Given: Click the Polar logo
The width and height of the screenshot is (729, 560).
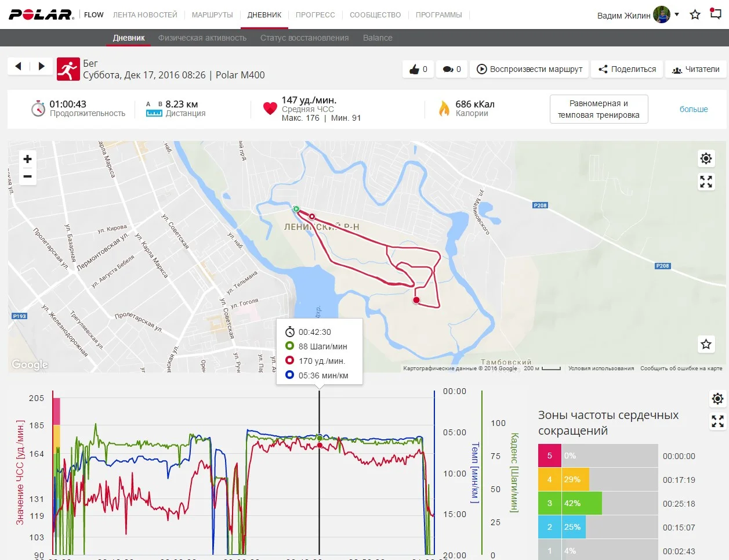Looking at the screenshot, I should click(41, 15).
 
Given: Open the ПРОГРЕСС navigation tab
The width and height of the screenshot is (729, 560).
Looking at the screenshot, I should click(315, 15).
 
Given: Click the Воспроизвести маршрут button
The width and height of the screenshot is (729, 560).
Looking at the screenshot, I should click(529, 69).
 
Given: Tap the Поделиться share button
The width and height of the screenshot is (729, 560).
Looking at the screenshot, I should click(627, 69).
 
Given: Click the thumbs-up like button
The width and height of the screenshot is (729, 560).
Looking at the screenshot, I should click(418, 69).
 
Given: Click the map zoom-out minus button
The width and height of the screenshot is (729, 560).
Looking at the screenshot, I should click(27, 176).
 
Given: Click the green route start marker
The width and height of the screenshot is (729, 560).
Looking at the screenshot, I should click(296, 209).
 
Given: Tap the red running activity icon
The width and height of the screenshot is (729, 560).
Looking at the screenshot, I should click(68, 69).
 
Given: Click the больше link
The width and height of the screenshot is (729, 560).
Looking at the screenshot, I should click(694, 109).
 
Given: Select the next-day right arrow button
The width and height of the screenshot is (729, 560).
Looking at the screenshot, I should click(41, 66).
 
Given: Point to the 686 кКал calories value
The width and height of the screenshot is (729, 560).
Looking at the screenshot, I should click(474, 104).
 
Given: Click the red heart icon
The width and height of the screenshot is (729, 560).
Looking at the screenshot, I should click(270, 108).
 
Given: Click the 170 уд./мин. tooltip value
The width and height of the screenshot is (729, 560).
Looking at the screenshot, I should click(322, 361).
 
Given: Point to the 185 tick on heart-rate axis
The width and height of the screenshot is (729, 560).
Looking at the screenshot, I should click(37, 425).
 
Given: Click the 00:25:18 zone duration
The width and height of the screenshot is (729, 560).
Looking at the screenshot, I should click(679, 504).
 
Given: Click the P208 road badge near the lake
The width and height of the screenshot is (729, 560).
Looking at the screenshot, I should click(540, 205).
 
